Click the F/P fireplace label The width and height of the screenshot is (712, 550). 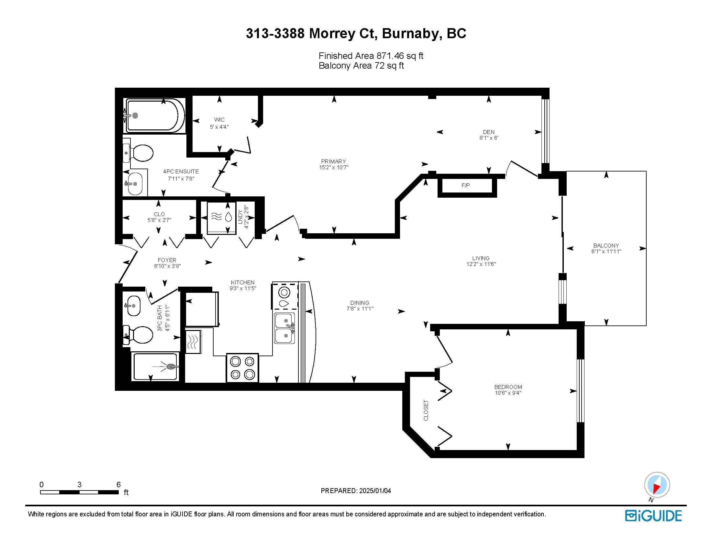(465, 186)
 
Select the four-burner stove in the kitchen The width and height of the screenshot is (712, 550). (242, 368)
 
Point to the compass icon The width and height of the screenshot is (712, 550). (657, 485)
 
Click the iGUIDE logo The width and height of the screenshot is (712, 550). (653, 516)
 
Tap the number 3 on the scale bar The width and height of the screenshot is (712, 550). (79, 485)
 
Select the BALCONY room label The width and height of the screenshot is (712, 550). (606, 246)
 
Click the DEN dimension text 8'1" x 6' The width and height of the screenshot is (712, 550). (489, 138)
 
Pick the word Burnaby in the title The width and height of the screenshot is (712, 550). (410, 34)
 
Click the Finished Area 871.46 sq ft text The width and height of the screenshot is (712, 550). (371, 56)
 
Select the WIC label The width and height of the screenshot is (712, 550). (219, 120)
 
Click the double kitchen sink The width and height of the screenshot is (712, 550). (285, 328)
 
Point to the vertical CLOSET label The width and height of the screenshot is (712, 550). (426, 410)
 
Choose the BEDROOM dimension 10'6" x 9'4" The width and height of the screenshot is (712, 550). (508, 393)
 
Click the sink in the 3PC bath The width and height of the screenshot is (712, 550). (133, 306)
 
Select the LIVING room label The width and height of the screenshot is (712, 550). (481, 258)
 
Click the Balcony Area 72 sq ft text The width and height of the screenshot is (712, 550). (361, 65)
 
